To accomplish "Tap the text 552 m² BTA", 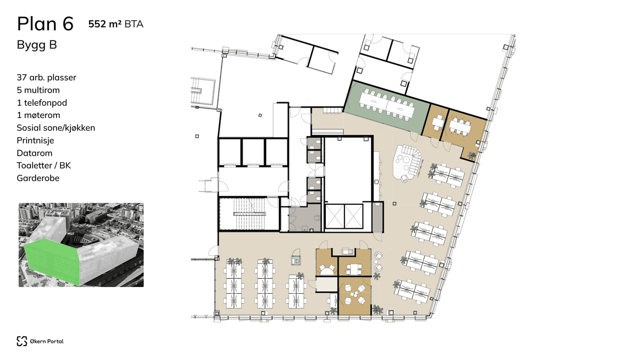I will (116, 23).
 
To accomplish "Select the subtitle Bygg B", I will (37, 45).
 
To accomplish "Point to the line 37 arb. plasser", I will (46, 77).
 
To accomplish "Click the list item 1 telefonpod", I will (42, 102).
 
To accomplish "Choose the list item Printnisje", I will (36, 140).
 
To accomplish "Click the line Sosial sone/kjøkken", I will (56, 127).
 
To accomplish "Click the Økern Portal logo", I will (40, 341).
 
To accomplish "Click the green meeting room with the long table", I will (386, 105).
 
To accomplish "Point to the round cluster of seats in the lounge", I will (408, 162).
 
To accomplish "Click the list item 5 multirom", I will (39, 90).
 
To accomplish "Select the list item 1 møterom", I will (38, 115).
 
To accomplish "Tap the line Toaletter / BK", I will (44, 165).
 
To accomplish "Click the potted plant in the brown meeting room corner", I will (471, 155).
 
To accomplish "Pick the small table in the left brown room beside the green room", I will (437, 123).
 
